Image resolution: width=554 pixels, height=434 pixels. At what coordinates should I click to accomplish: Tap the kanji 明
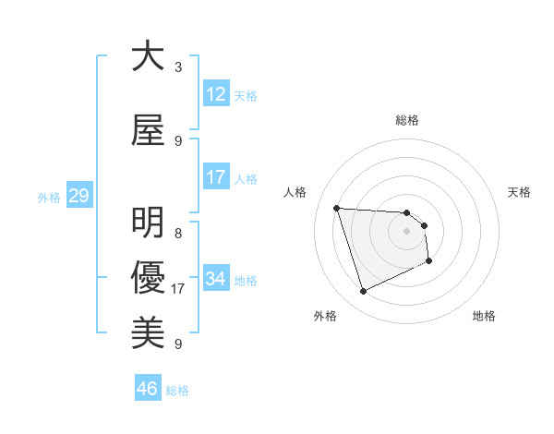pyautogui.click(x=148, y=223)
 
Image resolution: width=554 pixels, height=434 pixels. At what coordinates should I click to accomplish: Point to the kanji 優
pyautogui.click(x=148, y=276)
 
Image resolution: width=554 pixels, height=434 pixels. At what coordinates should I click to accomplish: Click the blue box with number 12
pyautogui.click(x=216, y=94)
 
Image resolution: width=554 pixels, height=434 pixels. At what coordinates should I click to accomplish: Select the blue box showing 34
pyautogui.click(x=216, y=279)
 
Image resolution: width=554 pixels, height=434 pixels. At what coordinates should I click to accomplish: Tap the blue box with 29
pyautogui.click(x=78, y=196)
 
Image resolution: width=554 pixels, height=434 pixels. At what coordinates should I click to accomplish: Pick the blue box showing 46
pyautogui.click(x=148, y=389)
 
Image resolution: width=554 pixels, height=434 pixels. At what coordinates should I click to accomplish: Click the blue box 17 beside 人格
pyautogui.click(x=216, y=177)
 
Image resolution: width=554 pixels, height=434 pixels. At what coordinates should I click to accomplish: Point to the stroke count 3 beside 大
pyautogui.click(x=178, y=67)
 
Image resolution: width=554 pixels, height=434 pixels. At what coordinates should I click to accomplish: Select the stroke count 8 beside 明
pyautogui.click(x=178, y=234)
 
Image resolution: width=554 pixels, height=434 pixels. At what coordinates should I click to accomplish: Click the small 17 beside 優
pyautogui.click(x=178, y=289)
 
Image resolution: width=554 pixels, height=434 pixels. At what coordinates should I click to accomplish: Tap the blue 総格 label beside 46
pyautogui.click(x=177, y=391)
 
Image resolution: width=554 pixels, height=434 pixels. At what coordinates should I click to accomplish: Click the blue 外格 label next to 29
pyautogui.click(x=49, y=197)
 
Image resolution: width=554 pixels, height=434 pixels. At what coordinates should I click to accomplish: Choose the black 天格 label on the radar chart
pyautogui.click(x=520, y=192)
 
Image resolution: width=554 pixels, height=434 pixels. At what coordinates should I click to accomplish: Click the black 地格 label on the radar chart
pyautogui.click(x=484, y=316)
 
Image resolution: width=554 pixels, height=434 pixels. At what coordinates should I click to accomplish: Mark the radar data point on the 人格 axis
pyautogui.click(x=337, y=208)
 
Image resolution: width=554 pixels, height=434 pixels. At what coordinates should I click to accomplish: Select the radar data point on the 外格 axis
pyautogui.click(x=363, y=292)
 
